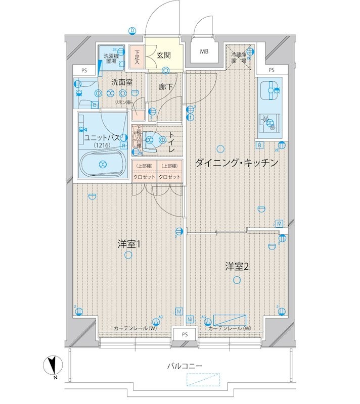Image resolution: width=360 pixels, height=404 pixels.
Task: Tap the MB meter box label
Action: tap(204, 52)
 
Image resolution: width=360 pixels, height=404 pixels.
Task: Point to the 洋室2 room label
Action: tap(237, 267)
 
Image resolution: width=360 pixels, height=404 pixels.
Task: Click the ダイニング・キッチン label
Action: tap(237, 163)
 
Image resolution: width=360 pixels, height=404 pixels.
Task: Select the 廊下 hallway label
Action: tap(165, 87)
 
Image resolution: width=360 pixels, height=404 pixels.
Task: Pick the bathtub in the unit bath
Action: tap(103, 163)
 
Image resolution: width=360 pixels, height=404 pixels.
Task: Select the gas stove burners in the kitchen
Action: tap(269, 123)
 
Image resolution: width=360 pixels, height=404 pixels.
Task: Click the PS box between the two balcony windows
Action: tap(185, 334)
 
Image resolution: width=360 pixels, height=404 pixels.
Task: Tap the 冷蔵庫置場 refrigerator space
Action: tap(239, 58)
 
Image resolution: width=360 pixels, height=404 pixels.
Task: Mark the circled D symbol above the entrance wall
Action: tap(132, 30)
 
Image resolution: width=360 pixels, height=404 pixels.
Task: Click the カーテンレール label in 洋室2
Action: tap(230, 329)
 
